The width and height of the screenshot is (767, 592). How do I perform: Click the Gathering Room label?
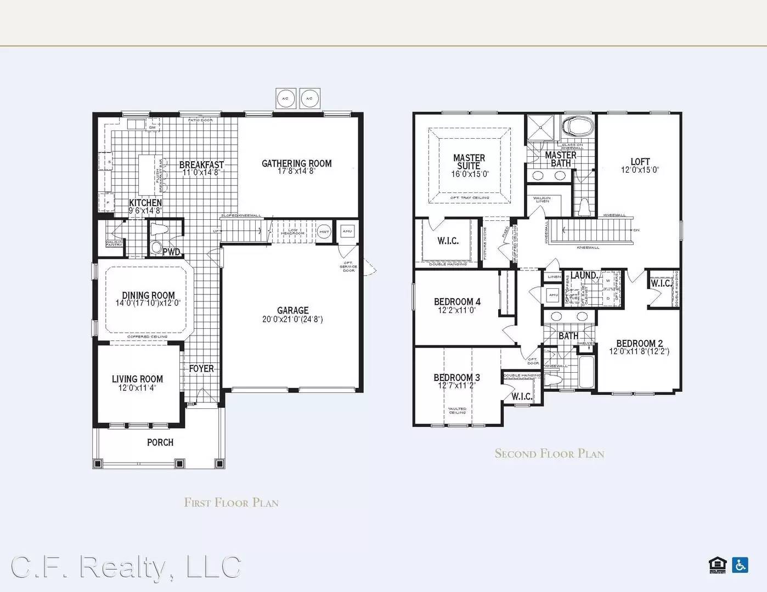pyautogui.click(x=296, y=163)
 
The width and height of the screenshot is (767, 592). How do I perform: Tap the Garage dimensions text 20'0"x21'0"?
pyautogui.click(x=292, y=319)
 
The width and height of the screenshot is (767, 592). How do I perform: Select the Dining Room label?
pyautogui.click(x=148, y=295)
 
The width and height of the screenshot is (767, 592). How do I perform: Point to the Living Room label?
pyautogui.click(x=137, y=379)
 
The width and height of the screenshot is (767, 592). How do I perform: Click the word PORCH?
pyautogui.click(x=160, y=442)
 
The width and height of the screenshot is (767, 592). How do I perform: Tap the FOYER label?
pyautogui.click(x=201, y=369)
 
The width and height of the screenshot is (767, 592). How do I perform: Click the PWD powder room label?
pyautogui.click(x=171, y=252)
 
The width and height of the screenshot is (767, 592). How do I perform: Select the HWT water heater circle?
pyautogui.click(x=324, y=232)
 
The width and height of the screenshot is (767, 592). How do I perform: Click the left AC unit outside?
pyautogui.click(x=285, y=99)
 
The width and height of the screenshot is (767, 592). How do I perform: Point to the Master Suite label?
pyautogui.click(x=469, y=162)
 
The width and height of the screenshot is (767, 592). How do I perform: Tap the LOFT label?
pyautogui.click(x=640, y=162)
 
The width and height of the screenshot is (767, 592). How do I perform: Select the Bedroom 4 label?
pyautogui.click(x=457, y=301)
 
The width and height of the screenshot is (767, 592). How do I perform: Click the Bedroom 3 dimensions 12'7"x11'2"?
pyautogui.click(x=456, y=386)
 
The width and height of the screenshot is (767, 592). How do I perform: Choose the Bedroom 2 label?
pyautogui.click(x=639, y=344)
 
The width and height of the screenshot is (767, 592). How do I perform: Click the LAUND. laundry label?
pyautogui.click(x=584, y=275)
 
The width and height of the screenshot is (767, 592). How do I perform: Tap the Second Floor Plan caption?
pyautogui.click(x=549, y=454)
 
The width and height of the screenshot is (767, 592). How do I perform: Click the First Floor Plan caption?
pyautogui.click(x=231, y=503)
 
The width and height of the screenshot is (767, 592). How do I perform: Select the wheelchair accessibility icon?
pyautogui.click(x=740, y=564)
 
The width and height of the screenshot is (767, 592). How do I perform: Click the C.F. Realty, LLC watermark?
pyautogui.click(x=126, y=567)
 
